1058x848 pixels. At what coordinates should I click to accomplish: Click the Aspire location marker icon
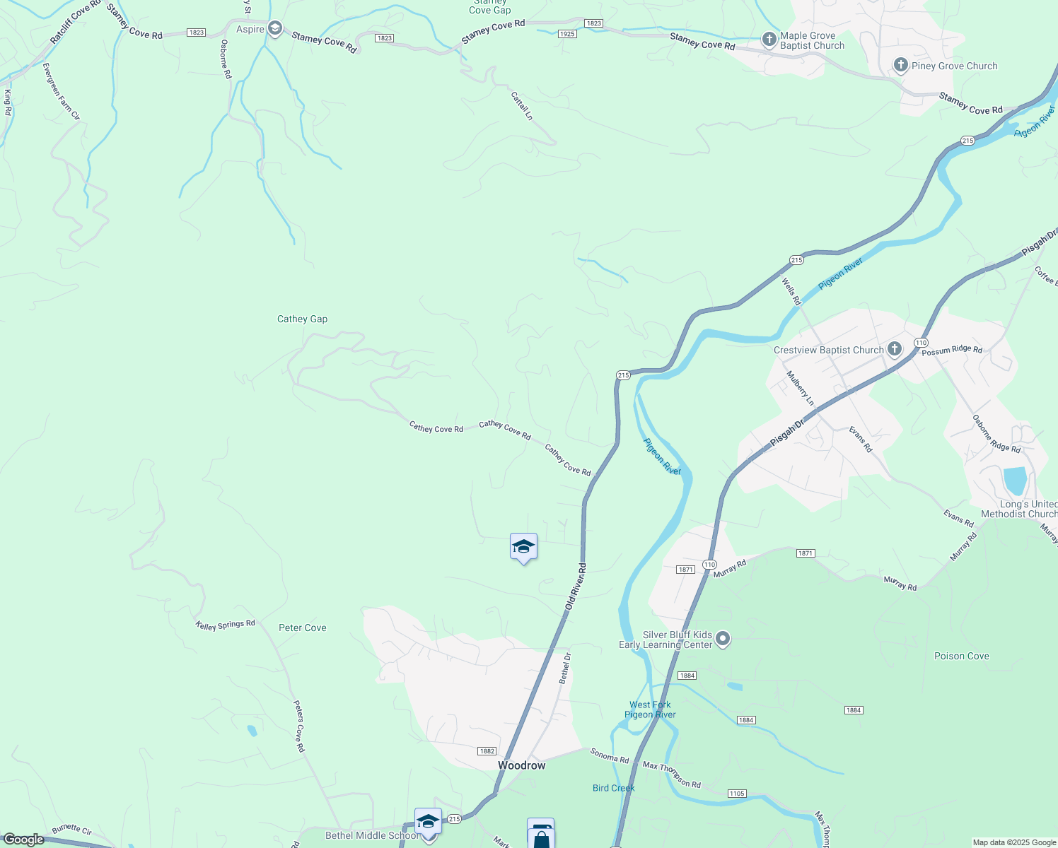coord(275,29)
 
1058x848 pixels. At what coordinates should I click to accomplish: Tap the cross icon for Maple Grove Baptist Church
coord(769,40)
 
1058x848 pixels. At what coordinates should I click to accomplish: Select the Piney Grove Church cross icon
coord(900,66)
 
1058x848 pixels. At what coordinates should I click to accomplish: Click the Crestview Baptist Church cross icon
coord(895,349)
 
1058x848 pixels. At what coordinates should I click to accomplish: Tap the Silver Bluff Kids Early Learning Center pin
coord(722,639)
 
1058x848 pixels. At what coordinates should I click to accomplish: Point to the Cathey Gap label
coord(302,319)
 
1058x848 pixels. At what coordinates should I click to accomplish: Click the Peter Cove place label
coord(302,628)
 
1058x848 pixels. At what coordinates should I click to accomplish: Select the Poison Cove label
coord(961,656)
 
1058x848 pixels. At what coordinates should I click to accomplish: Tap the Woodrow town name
coord(521,765)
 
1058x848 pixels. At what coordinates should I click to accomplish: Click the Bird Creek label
coord(613,788)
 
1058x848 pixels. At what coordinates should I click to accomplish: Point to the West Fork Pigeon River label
coord(650,709)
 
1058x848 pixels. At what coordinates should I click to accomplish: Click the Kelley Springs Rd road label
coord(225,625)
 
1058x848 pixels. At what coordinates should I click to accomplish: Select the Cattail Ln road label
coord(522,105)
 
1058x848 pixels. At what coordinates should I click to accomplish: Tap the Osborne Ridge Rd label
coord(996,434)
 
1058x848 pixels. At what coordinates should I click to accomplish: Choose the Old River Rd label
coord(576,587)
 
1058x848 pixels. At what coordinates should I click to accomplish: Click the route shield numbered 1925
coord(567,34)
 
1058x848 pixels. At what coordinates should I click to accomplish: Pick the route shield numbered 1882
coord(487,751)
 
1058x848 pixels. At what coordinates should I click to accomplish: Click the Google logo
coord(23,840)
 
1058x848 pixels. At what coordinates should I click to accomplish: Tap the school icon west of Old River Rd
coord(523,547)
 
